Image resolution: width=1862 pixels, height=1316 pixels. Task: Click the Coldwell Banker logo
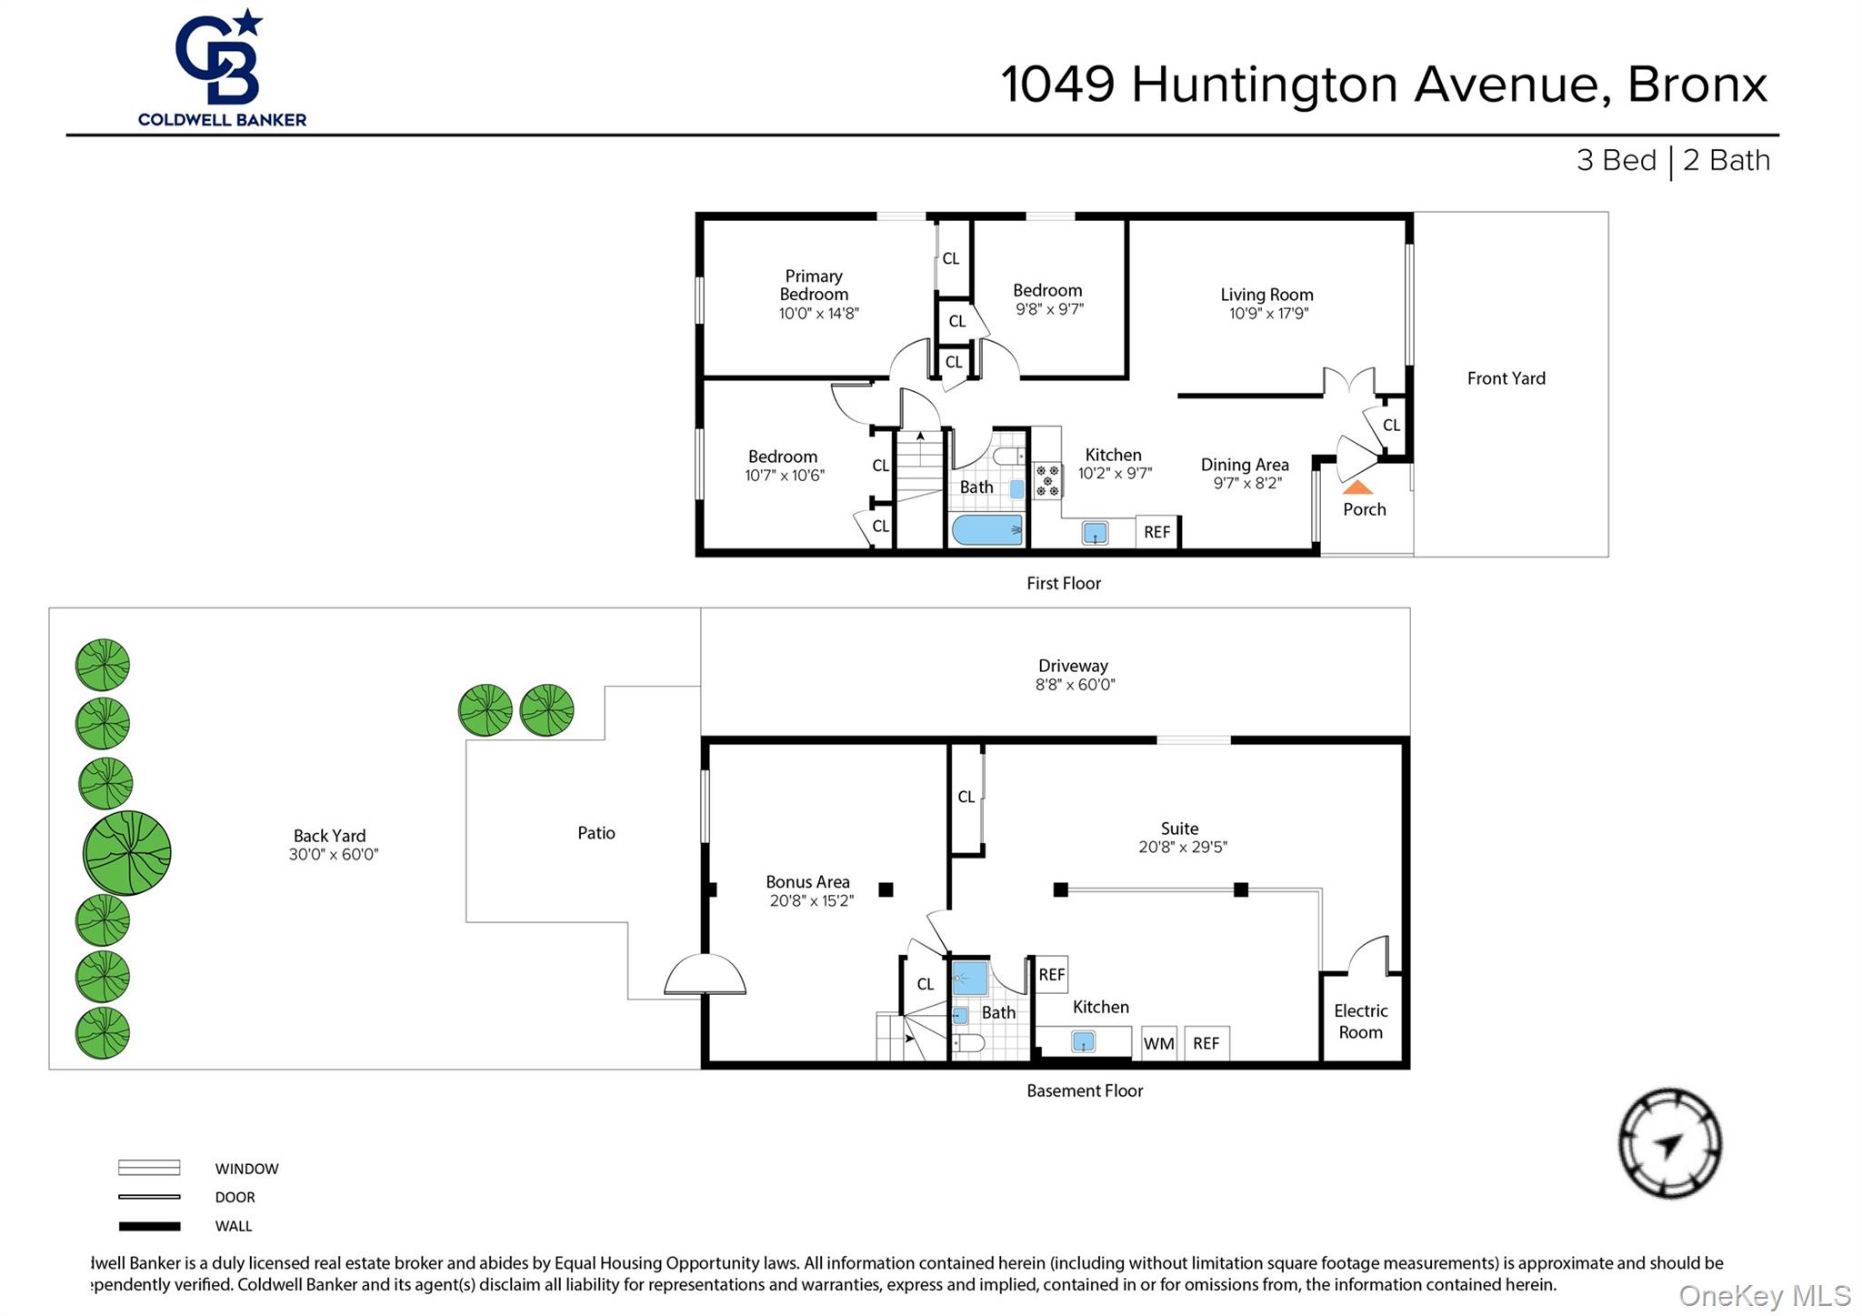(x=221, y=68)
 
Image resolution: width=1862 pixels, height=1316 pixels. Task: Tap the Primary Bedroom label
(x=814, y=285)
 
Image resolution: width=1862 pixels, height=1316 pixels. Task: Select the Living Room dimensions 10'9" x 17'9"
(x=1267, y=314)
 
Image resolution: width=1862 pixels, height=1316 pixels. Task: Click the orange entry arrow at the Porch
(x=1356, y=488)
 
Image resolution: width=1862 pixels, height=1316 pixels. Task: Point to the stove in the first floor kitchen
(x=1047, y=480)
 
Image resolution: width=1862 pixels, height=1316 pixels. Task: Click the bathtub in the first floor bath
(x=986, y=529)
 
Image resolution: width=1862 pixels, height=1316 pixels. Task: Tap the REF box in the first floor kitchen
(x=1156, y=532)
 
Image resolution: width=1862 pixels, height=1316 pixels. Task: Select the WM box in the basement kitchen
(x=1158, y=1043)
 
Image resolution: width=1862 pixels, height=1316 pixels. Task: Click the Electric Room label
(x=1360, y=1021)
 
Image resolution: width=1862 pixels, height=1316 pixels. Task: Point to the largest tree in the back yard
(x=126, y=852)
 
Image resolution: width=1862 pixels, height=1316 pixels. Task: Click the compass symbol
(x=1669, y=1143)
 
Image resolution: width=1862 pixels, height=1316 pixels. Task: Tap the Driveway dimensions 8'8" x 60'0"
(x=1075, y=685)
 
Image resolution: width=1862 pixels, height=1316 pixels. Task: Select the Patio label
(x=596, y=833)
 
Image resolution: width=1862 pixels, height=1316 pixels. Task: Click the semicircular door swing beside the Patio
(x=705, y=976)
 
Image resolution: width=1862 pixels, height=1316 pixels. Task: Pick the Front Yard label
(x=1506, y=378)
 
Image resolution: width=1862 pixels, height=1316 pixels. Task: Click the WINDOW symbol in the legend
(x=149, y=1168)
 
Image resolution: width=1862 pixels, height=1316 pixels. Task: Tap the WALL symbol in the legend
(x=149, y=1226)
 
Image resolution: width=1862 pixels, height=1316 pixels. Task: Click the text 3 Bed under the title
(x=1616, y=161)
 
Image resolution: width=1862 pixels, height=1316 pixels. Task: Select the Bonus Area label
(x=807, y=882)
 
